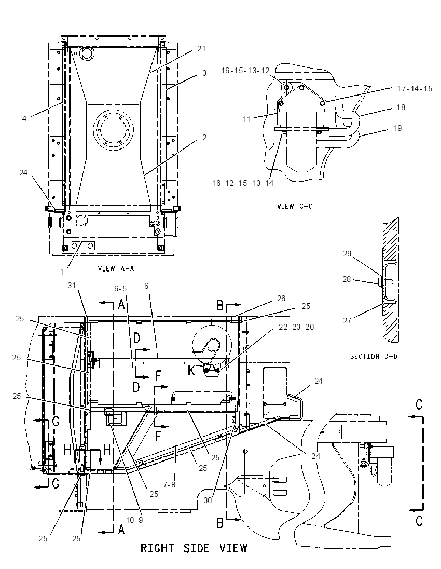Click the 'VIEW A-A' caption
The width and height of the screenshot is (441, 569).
tap(116, 268)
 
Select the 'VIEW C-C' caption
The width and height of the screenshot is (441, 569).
tap(295, 206)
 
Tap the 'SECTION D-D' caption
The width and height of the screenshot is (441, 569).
tap(374, 356)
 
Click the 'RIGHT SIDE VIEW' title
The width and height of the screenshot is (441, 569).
tap(194, 548)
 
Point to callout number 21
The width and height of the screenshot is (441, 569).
tap(201, 49)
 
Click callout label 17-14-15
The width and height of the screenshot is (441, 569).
tap(415, 89)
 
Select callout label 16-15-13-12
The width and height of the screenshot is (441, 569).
tap(245, 71)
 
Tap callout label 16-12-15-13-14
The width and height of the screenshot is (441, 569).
tap(243, 183)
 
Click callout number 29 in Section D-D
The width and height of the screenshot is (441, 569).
tap(347, 254)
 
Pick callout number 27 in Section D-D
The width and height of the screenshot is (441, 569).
tap(347, 321)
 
